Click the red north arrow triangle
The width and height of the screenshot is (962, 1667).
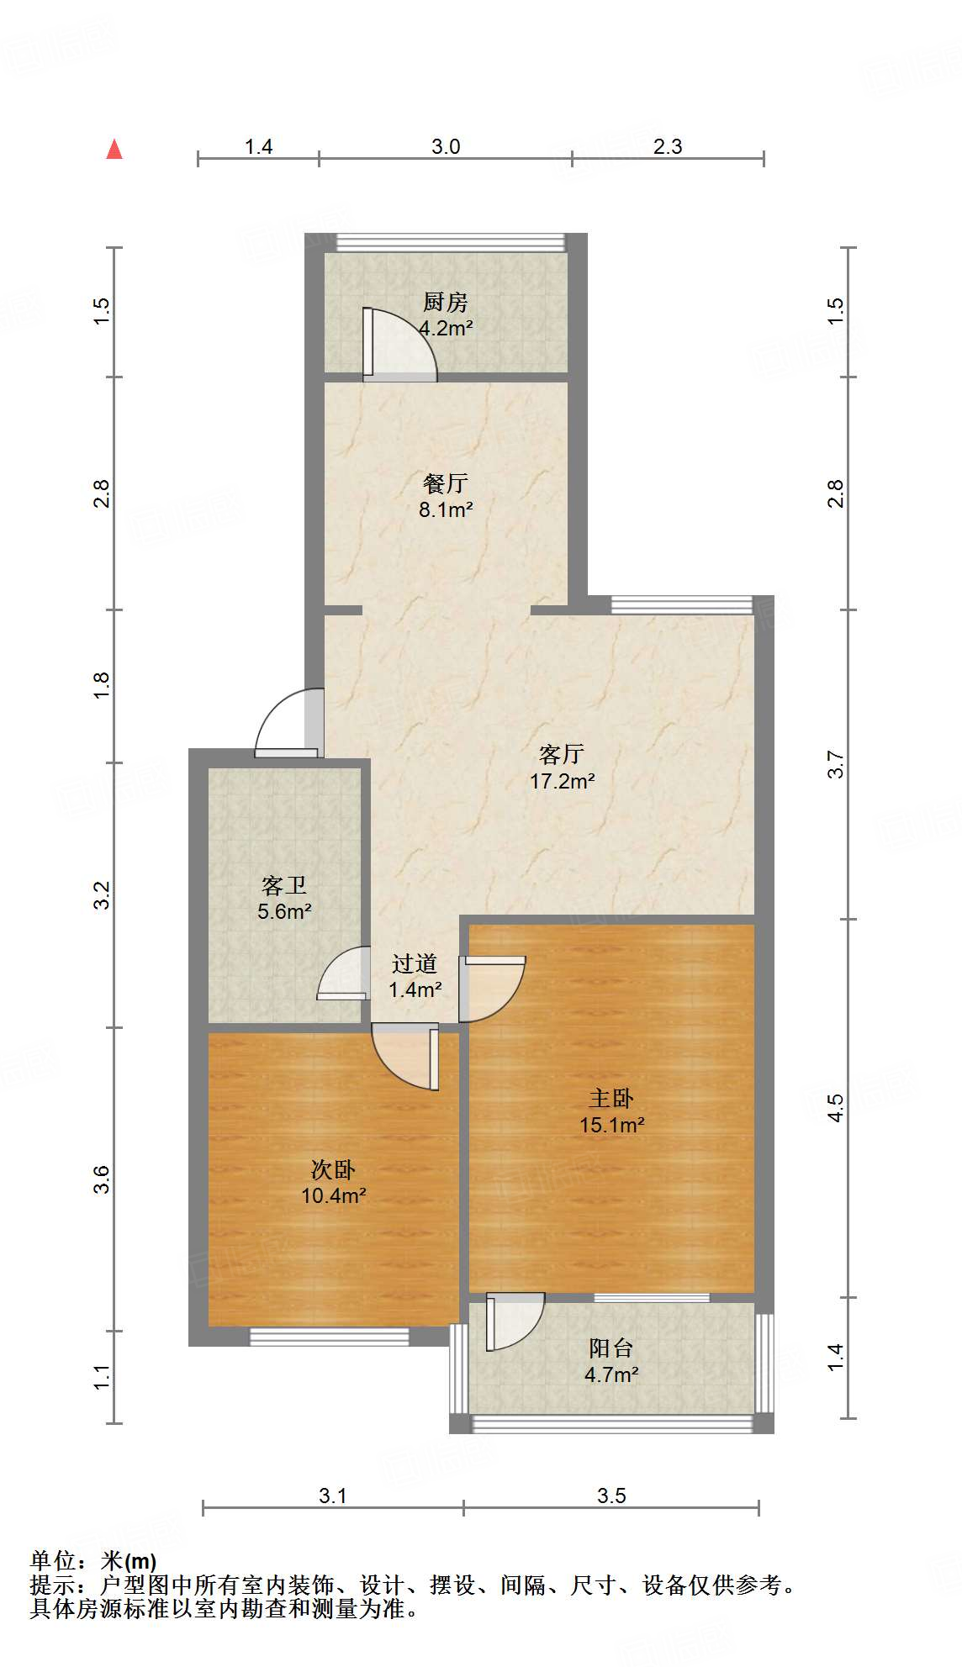click(114, 150)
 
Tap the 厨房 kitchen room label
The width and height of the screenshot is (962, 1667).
click(445, 302)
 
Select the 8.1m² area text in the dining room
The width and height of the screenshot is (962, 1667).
click(446, 509)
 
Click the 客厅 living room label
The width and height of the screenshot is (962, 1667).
click(562, 754)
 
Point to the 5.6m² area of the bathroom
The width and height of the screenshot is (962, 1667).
click(285, 911)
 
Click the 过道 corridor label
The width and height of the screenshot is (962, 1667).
click(415, 963)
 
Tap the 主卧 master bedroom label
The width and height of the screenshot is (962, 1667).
click(611, 1098)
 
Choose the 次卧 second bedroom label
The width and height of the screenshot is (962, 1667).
click(333, 1169)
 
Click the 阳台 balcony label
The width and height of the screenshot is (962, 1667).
click(610, 1348)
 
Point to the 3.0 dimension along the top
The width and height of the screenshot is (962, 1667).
click(446, 147)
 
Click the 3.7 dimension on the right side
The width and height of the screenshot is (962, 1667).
click(835, 764)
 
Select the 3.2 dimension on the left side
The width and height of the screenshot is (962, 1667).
click(102, 895)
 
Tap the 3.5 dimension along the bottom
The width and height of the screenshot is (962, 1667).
click(611, 1496)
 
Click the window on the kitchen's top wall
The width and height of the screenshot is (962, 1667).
click(451, 242)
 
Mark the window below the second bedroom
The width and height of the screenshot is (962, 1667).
click(330, 1336)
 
